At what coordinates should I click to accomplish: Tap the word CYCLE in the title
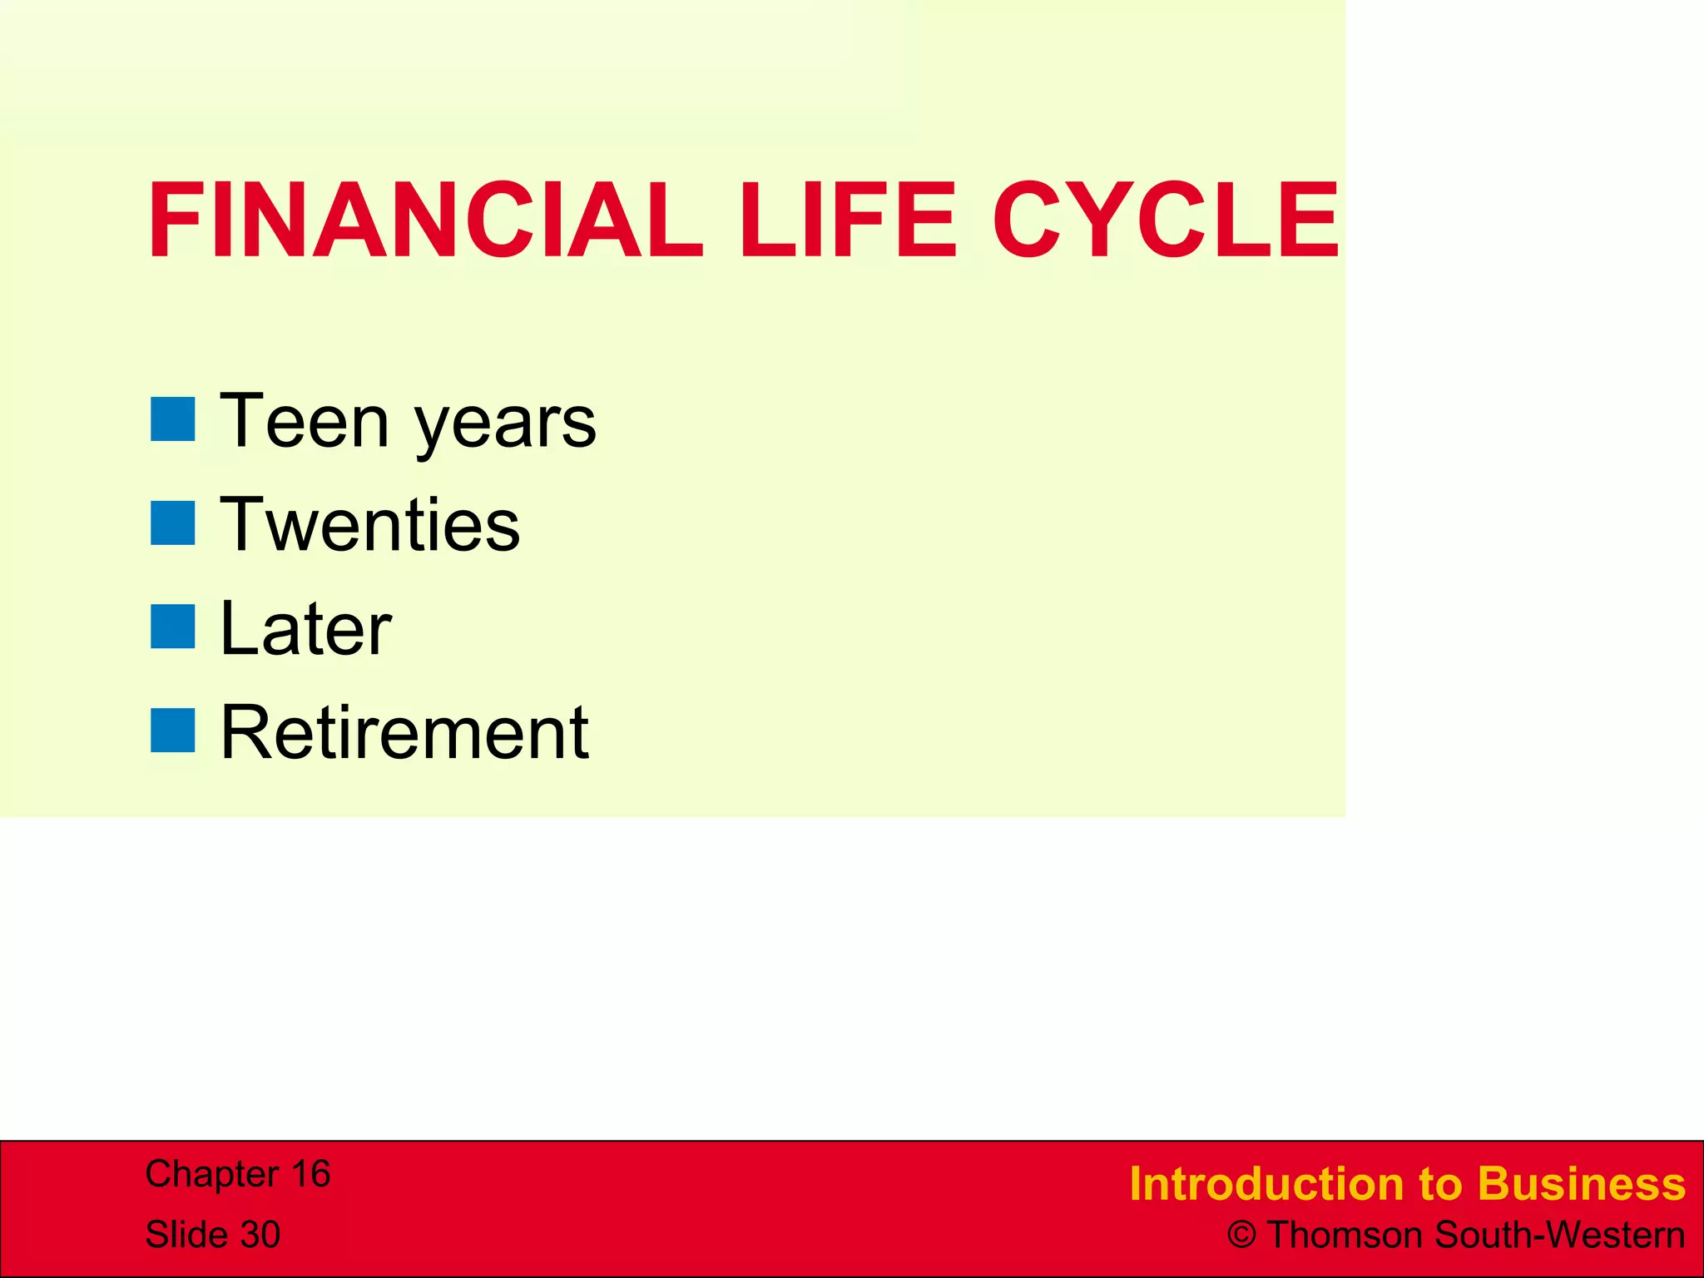[1165, 220]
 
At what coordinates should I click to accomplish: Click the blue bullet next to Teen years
[173, 419]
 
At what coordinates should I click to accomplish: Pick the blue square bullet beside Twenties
[173, 523]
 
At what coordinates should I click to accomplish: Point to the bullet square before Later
[173, 627]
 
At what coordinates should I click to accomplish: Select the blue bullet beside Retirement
[173, 731]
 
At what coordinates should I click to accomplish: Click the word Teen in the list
[304, 422]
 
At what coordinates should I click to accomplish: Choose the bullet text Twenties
[370, 526]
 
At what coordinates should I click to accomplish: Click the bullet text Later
[305, 630]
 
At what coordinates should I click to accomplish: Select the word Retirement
[405, 733]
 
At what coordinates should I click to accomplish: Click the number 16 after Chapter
[310, 1174]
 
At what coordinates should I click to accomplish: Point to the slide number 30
[260, 1235]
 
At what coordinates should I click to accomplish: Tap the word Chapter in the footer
[211, 1175]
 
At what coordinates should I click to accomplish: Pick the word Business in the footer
[1582, 1184]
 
